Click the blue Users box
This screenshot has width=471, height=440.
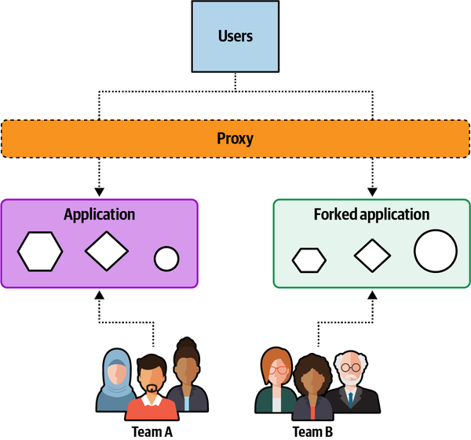click(235, 37)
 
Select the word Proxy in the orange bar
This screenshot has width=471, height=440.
click(235, 138)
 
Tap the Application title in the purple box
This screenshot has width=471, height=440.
click(100, 214)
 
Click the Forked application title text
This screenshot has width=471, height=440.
click(371, 214)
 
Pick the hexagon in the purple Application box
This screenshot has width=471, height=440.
click(40, 252)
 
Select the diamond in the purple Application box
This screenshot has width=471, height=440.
click(106, 252)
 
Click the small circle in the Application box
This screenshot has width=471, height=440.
click(166, 258)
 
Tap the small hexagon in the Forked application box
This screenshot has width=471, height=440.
click(309, 259)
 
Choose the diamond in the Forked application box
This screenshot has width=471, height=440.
click(371, 256)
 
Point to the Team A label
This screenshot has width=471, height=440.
click(152, 430)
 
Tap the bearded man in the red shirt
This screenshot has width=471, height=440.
click(152, 388)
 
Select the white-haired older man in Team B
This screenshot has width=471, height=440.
click(350, 380)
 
